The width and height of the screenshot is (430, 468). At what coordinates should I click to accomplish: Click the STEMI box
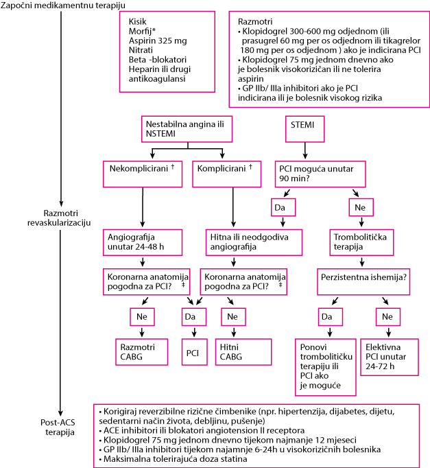coord(304,129)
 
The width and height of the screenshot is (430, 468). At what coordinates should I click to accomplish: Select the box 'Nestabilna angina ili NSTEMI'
coord(187,129)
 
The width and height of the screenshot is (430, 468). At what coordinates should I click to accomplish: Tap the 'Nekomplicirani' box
coord(143,174)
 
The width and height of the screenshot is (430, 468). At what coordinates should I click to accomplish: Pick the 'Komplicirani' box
coord(226,174)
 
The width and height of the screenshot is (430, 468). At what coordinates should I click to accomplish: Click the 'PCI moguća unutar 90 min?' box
coord(320,174)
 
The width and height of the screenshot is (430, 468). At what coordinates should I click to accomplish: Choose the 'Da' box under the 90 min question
coord(283,207)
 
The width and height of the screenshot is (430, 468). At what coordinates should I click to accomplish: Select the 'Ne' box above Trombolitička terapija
coord(361,207)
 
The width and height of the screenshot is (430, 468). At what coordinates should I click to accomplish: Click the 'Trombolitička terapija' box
coord(361,242)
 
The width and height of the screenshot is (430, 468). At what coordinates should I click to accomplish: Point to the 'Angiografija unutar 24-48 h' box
coord(143,242)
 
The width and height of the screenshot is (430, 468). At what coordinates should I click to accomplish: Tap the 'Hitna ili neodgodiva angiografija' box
coord(254,242)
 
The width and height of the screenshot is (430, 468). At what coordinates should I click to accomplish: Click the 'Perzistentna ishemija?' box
coord(363,282)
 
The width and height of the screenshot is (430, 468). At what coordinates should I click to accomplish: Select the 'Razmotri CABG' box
coord(142,352)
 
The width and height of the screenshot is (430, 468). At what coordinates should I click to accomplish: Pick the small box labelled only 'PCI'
coord(194,352)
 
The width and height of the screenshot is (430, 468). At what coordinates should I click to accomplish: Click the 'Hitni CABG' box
coord(243,352)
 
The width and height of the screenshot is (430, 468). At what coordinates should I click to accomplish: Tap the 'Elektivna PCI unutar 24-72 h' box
coord(390,357)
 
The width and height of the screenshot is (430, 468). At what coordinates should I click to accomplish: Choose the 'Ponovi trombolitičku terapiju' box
coord(326,367)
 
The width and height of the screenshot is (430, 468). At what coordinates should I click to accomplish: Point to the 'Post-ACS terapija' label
coord(58,427)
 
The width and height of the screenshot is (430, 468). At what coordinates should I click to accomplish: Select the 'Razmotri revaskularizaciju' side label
coord(59,218)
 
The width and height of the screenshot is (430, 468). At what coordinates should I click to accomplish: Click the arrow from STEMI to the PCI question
coord(304,150)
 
